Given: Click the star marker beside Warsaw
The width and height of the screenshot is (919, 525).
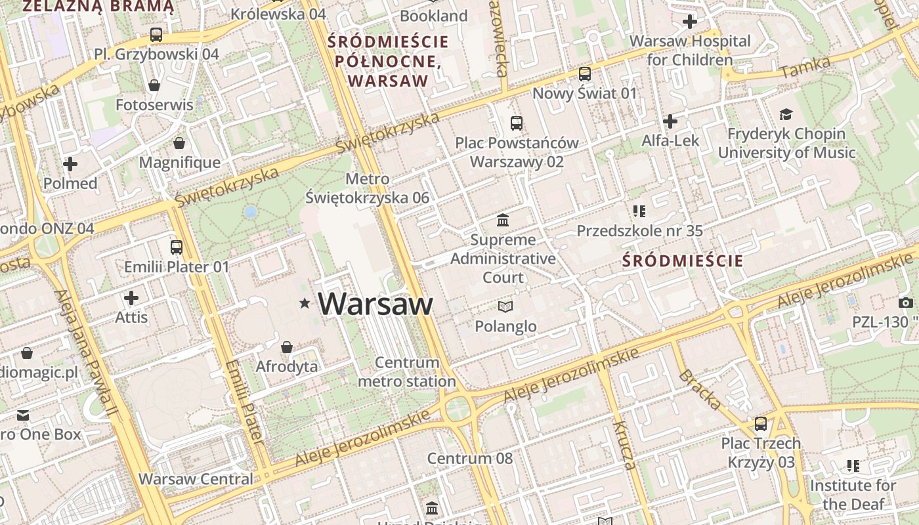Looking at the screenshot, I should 305,303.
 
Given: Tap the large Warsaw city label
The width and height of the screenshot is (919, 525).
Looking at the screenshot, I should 375,304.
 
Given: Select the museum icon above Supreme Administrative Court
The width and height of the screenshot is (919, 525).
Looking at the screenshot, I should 503,220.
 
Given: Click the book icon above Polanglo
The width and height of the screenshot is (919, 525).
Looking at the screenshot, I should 505,306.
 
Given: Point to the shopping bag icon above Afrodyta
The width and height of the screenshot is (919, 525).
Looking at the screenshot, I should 287,346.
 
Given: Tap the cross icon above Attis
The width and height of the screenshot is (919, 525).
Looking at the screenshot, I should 131,299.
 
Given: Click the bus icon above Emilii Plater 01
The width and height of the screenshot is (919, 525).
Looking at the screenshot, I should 177,247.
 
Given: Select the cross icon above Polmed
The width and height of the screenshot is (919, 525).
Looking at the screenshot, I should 70,164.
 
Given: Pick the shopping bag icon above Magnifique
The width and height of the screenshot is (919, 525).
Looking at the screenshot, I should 179,143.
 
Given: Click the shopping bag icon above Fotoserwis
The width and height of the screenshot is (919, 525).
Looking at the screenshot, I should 154,85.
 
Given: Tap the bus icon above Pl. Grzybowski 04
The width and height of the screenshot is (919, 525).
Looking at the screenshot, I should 156,35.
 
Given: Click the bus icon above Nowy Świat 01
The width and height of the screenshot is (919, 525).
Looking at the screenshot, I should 584,74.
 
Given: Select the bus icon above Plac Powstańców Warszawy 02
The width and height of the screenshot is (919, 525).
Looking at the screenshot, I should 517,123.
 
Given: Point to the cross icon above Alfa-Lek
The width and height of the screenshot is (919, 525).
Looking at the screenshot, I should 670,121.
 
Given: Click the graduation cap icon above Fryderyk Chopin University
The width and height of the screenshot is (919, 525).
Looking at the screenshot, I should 786,115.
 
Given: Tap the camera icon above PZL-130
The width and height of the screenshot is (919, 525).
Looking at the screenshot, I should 906,303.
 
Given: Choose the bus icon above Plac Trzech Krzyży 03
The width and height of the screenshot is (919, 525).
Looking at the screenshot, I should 761,424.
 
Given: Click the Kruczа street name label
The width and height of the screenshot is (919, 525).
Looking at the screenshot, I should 624,446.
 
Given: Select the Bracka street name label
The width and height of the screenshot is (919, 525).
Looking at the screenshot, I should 700,389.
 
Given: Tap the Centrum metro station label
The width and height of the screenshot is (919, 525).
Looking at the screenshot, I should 407,371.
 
